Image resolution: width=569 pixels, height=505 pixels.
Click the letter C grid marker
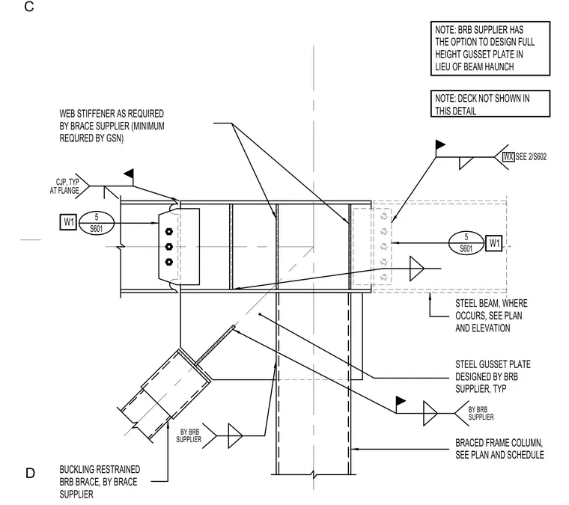pyautogui.click(x=29, y=7)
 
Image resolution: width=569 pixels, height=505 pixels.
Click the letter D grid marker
pyautogui.click(x=30, y=473)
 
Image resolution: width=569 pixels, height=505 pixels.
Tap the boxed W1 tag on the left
pyautogui.click(x=68, y=222)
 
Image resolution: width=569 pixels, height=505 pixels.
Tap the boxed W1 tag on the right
pyautogui.click(x=494, y=243)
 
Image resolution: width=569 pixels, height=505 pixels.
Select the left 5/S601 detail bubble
pyautogui.click(x=96, y=223)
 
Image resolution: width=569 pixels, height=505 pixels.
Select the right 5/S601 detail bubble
pyautogui.click(x=466, y=243)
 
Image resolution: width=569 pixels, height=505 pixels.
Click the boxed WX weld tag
pyautogui.click(x=508, y=156)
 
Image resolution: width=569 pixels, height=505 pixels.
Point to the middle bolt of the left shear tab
pyautogui.click(x=168, y=247)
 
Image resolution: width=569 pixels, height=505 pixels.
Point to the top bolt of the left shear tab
pyautogui.click(x=168, y=231)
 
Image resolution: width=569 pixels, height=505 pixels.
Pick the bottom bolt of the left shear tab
pyautogui.click(x=168, y=262)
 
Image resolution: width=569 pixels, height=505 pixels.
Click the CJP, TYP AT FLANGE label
pyautogui.click(x=64, y=186)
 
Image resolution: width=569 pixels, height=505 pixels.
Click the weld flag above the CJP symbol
pyautogui.click(x=129, y=174)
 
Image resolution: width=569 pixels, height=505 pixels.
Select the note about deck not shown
pyautogui.click(x=490, y=104)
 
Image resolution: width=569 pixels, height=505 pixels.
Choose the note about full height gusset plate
pyautogui.click(x=490, y=48)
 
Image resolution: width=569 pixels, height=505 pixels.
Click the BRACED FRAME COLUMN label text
pyautogui.click(x=499, y=449)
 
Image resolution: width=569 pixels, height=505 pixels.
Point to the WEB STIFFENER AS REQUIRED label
pyautogui.click(x=112, y=126)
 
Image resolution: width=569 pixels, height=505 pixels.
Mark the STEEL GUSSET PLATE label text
pyautogui.click(x=493, y=376)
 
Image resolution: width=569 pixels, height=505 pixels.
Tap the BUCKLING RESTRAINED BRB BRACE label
pyautogui.click(x=100, y=482)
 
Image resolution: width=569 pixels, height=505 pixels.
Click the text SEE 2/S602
pyautogui.click(x=531, y=156)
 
